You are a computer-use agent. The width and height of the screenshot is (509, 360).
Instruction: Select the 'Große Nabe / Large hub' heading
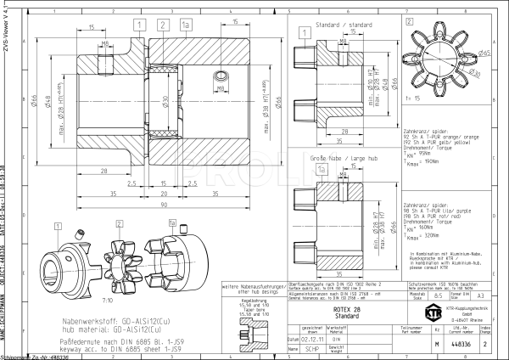click(x=344, y=158)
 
